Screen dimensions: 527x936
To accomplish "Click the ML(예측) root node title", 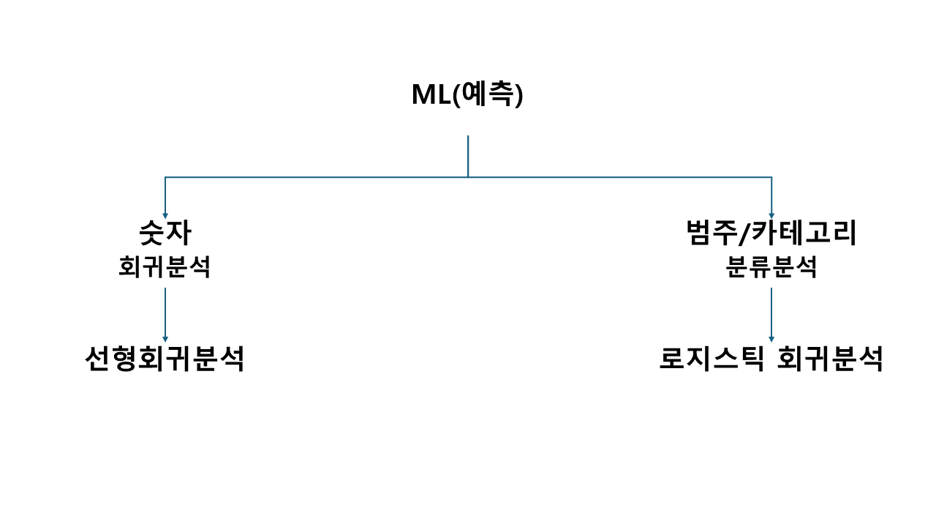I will click(467, 95).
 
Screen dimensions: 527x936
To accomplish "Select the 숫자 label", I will click(165, 233).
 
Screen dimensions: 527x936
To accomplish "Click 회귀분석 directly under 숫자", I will click(165, 267).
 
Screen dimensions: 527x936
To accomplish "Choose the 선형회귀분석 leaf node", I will click(165, 359).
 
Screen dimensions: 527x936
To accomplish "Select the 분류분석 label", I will click(771, 267).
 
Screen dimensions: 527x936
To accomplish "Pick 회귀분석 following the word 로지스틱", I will click(830, 359).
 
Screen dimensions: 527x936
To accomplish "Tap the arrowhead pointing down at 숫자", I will click(165, 215).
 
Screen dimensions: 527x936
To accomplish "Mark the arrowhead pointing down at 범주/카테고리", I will click(771, 215).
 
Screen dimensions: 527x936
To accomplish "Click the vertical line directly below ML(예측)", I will click(468, 155).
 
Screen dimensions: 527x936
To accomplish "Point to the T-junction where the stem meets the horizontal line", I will click(468, 177).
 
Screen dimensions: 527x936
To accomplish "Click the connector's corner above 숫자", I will click(165, 177).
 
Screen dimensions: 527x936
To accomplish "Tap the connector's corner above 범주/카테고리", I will click(771, 177).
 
